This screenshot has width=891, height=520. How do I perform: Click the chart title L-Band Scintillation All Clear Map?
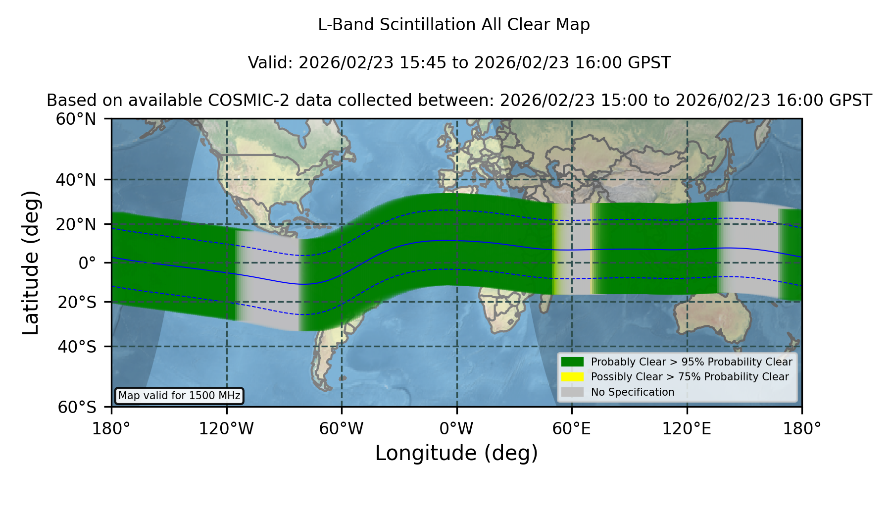[x=454, y=25]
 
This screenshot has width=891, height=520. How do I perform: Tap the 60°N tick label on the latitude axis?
[x=76, y=119]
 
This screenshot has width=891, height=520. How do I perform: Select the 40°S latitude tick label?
[x=77, y=347]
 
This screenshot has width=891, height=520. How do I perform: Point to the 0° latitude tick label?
[x=87, y=262]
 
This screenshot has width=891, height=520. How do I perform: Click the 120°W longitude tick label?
[x=226, y=428]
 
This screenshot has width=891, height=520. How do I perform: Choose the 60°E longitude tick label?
[x=572, y=428]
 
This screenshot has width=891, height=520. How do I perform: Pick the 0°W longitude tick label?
[x=456, y=428]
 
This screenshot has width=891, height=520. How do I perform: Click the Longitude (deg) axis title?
[x=456, y=453]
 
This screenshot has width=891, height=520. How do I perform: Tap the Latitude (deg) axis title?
[x=31, y=262]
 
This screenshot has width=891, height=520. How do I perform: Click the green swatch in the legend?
[x=572, y=362]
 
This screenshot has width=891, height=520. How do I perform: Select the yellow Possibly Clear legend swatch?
[x=572, y=377]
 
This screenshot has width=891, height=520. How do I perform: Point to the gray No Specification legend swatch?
[x=572, y=392]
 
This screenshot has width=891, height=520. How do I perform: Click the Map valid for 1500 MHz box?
[x=179, y=396]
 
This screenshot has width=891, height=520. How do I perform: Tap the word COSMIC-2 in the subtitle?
[x=240, y=101]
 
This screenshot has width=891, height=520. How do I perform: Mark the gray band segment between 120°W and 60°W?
[x=268, y=280]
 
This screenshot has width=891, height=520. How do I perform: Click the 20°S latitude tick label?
[x=77, y=302]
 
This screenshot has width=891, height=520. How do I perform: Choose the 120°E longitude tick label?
[x=687, y=428]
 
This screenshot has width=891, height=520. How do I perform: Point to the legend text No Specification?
[x=633, y=392]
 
